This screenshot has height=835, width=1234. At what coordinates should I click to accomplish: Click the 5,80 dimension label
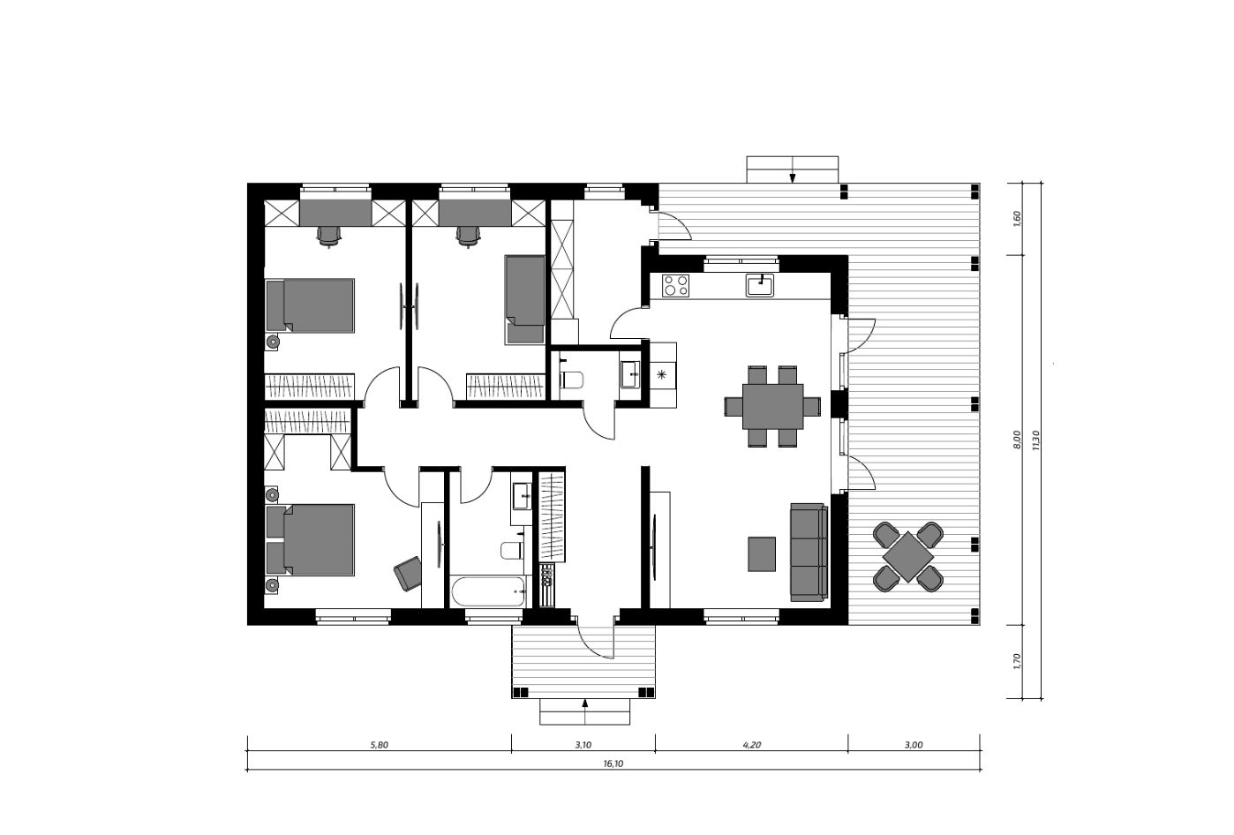[x=379, y=745]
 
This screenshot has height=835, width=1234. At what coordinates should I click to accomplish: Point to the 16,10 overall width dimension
[x=613, y=764]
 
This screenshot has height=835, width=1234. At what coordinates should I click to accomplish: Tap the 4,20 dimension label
[x=751, y=745]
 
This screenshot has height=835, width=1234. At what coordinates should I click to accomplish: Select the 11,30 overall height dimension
[x=1035, y=440]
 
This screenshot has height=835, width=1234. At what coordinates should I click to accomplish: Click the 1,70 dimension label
[x=1017, y=661]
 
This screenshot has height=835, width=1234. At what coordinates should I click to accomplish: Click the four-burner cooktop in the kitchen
[x=676, y=285]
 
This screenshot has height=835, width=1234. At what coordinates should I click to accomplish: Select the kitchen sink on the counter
[x=760, y=285]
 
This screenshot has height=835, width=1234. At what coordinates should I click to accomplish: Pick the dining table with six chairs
[x=772, y=406]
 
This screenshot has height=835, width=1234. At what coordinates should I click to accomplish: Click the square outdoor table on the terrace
[x=908, y=556]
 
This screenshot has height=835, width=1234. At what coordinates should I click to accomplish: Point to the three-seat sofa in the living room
[x=809, y=552]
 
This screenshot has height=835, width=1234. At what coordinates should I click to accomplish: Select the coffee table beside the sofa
[x=762, y=554]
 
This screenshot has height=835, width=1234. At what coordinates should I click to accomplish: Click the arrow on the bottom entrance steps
[x=585, y=711]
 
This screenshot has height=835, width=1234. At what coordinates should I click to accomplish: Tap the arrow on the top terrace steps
[x=792, y=169]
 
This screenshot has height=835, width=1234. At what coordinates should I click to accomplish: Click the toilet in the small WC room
[x=571, y=380]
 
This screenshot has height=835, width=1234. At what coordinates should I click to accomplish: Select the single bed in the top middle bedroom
[x=525, y=299]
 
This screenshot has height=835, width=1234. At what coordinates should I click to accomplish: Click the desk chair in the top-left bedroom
[x=329, y=237]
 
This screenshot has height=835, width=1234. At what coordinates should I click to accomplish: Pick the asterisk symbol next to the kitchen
[x=662, y=375]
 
